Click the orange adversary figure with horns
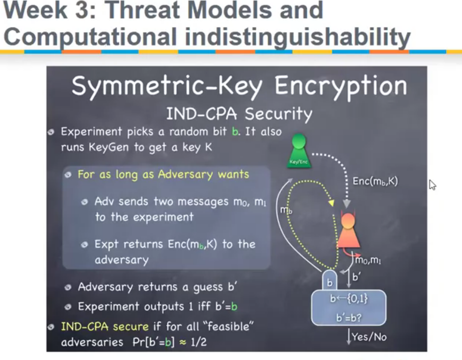point(348,230)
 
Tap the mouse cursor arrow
point(432,185)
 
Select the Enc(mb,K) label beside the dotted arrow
point(375,181)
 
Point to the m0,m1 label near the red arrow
point(368,260)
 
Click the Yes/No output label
point(369,336)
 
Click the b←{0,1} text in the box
point(349,299)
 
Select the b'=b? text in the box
point(349,318)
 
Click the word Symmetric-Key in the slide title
point(167,86)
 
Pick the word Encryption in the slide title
point(341,86)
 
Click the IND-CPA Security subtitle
point(239,114)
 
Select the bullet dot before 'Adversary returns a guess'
point(68,287)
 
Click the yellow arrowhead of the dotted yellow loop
point(331,203)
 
